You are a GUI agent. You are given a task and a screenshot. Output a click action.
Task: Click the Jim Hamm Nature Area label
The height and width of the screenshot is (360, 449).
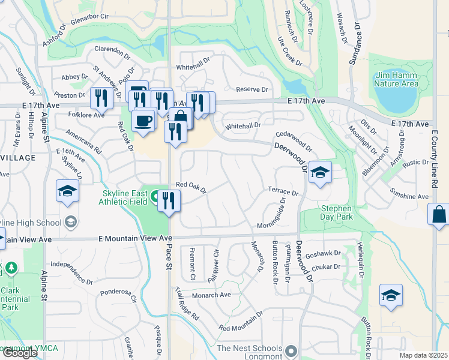(x=396, y=79)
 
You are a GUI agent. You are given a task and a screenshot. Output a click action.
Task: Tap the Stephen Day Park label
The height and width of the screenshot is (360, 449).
(x=336, y=212)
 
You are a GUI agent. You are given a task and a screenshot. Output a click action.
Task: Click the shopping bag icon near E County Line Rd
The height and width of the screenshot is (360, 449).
(x=439, y=214)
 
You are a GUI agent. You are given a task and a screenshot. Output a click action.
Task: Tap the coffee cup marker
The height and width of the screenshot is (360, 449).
(x=143, y=121)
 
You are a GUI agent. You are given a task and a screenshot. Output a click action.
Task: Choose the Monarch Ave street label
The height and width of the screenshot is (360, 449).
(x=211, y=295)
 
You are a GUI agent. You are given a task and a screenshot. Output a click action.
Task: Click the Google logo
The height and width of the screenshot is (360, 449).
(x=20, y=353)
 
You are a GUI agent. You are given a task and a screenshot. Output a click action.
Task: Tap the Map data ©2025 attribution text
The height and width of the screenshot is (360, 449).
(x=423, y=355)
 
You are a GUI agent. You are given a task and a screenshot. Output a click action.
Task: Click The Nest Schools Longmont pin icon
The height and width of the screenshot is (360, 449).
(x=292, y=350)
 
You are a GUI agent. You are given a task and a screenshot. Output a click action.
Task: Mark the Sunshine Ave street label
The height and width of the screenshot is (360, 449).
(x=409, y=196)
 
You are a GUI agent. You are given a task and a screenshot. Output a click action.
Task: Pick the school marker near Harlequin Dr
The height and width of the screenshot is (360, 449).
(x=391, y=295)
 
